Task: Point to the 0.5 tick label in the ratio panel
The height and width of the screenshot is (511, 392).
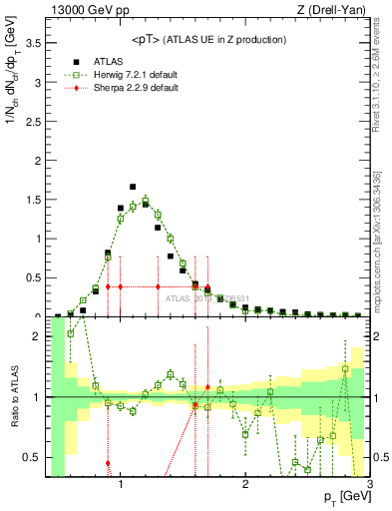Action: click(x=32, y=457)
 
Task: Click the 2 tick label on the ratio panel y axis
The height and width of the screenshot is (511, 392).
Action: click(x=37, y=336)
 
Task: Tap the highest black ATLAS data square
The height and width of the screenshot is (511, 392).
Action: click(x=133, y=187)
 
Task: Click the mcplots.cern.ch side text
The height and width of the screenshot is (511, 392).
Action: click(x=382, y=230)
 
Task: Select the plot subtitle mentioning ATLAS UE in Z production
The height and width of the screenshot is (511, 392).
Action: click(x=209, y=39)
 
